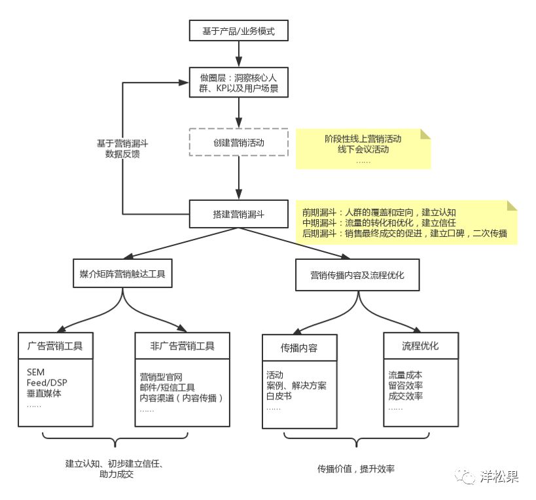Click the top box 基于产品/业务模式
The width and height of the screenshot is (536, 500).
tap(238, 30)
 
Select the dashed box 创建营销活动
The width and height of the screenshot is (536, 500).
tap(238, 142)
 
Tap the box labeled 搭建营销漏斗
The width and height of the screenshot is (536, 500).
tap(238, 213)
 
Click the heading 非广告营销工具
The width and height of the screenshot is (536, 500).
tap(182, 346)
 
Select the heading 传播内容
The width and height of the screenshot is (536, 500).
tap(299, 348)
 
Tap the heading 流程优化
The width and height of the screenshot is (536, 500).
tap(420, 346)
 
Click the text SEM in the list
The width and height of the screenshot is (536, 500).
tap(35, 372)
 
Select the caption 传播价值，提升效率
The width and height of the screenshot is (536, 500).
tap(356, 469)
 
